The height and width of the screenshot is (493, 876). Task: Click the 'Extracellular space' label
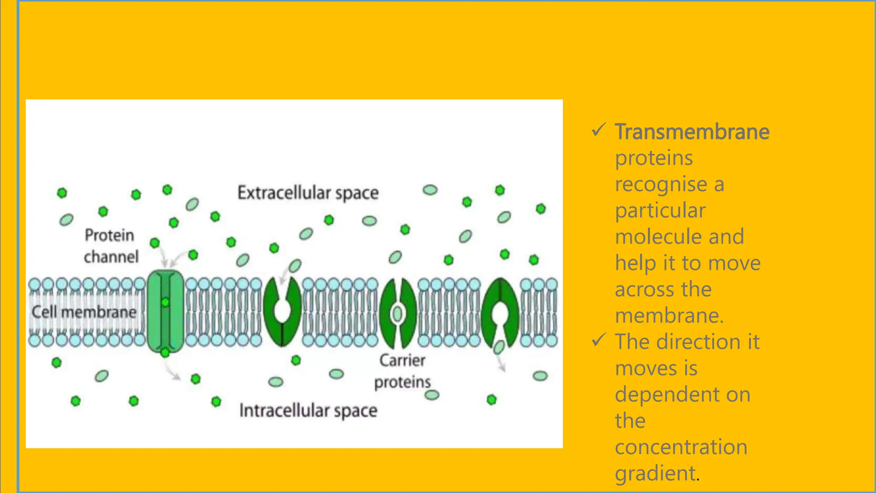pyautogui.click(x=308, y=193)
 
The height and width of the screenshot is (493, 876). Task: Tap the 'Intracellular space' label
pyautogui.click(x=308, y=410)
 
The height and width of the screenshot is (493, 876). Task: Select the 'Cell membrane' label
pyautogui.click(x=84, y=312)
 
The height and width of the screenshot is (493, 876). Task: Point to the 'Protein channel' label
pyautogui.click(x=111, y=246)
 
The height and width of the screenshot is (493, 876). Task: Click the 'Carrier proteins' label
pyautogui.click(x=402, y=371)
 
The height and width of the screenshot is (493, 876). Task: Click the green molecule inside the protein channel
pyautogui.click(x=165, y=303)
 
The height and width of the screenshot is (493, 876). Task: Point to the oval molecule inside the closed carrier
pyautogui.click(x=398, y=314)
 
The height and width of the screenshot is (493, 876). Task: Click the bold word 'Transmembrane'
pyautogui.click(x=692, y=131)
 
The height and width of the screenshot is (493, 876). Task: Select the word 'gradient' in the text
pyautogui.click(x=655, y=473)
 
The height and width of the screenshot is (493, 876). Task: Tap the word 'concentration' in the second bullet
pyautogui.click(x=681, y=447)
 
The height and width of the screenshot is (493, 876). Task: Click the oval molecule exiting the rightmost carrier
pyautogui.click(x=499, y=347)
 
